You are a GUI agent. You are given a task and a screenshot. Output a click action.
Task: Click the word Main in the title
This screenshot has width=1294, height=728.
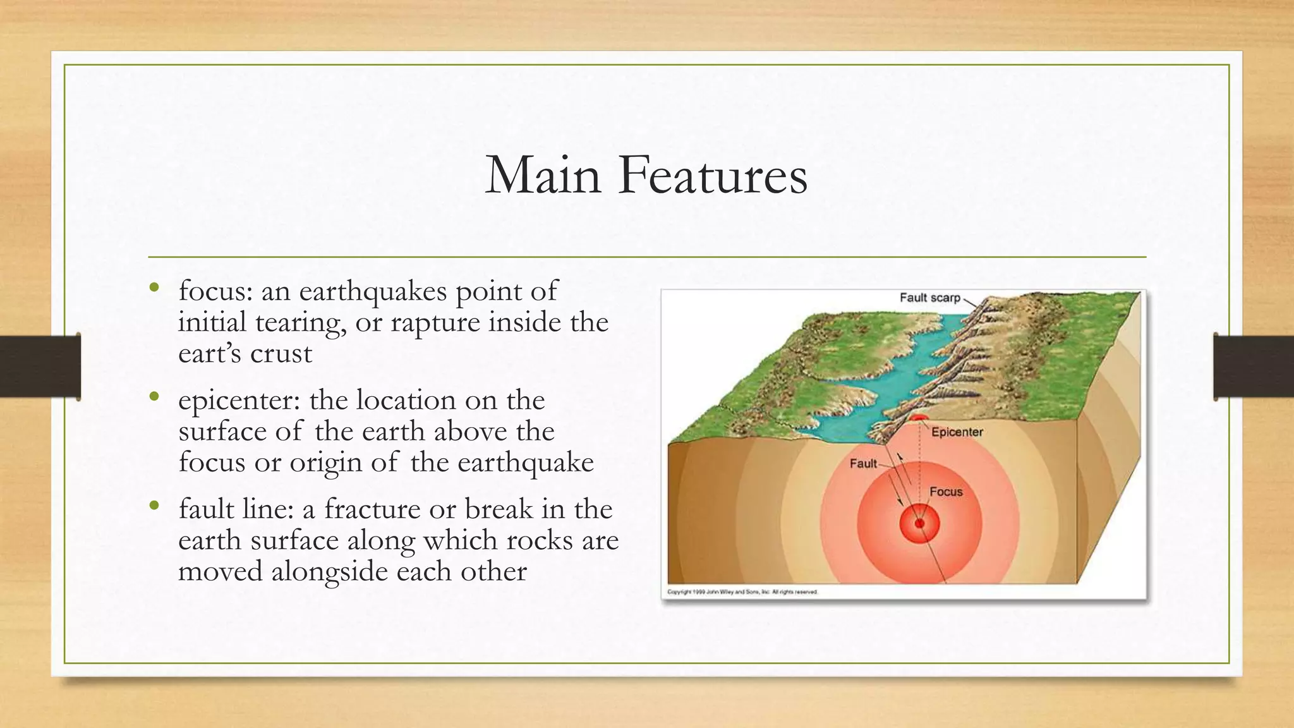coord(542,175)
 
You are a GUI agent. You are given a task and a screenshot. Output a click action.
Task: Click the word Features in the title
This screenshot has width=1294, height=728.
coord(713,175)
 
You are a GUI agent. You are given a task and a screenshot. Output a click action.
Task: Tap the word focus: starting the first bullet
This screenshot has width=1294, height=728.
coord(215,291)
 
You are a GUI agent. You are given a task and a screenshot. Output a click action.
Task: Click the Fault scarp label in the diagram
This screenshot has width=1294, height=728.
coord(929,298)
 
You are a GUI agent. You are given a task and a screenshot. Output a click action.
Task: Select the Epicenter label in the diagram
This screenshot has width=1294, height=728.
coord(957,432)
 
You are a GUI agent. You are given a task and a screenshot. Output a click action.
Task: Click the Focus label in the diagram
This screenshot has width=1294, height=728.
coord(946,492)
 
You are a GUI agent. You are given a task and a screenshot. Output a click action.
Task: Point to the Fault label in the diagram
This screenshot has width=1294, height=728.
coord(863,464)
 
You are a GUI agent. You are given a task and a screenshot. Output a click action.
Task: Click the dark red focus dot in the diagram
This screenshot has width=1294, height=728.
coord(919,523)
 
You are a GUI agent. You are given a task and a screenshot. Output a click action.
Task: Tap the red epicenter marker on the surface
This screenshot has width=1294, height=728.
coord(918,418)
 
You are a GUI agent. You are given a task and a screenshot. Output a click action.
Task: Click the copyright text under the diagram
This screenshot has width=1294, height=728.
coord(742,592)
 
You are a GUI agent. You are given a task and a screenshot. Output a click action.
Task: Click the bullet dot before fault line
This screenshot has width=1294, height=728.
coord(154,506)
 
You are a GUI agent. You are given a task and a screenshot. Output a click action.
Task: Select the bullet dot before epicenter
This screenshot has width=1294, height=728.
coord(154,397)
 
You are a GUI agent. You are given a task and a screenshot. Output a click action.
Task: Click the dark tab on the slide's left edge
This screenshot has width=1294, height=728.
coord(40,367)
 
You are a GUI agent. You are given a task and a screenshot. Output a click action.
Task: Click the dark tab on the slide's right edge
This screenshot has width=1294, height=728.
coord(1254,367)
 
